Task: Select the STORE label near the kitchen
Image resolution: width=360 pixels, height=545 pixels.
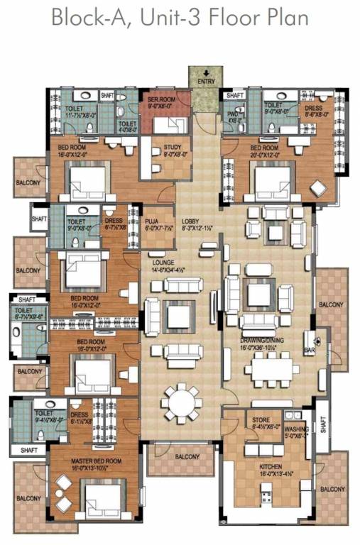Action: tap(261, 419)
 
